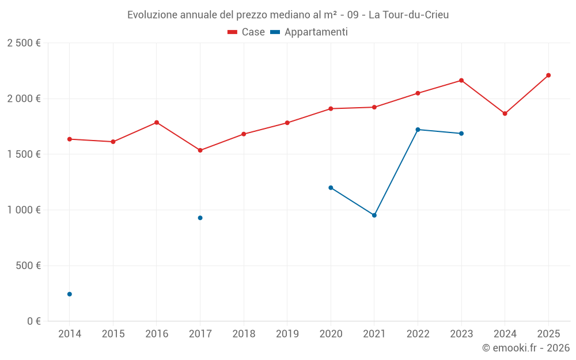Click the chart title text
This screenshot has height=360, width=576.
pyautogui.click(x=288, y=14)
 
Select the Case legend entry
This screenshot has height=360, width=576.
pyautogui.click(x=246, y=32)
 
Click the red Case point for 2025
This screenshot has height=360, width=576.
pyautogui.click(x=548, y=75)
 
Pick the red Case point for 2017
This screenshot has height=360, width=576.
pyautogui.click(x=200, y=150)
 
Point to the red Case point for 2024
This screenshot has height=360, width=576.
pyautogui.click(x=505, y=113)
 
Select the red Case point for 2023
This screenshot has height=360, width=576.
pyautogui.click(x=461, y=80)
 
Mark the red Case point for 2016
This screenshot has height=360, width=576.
pyautogui.click(x=157, y=122)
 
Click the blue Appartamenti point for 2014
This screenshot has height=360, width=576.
pyautogui.click(x=70, y=294)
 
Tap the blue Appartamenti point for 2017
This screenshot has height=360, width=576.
pyautogui.click(x=200, y=218)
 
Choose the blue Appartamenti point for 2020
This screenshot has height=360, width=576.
pyautogui.click(x=331, y=187)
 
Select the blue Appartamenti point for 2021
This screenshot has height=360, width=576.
pyautogui.click(x=374, y=215)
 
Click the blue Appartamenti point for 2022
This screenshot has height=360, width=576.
pyautogui.click(x=418, y=130)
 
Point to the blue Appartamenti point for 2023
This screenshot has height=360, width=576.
pyautogui.click(x=461, y=134)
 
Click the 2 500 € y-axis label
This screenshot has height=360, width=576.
pyautogui.click(x=24, y=43)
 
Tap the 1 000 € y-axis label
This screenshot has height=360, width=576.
pyautogui.click(x=24, y=210)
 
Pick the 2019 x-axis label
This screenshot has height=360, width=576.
pyautogui.click(x=287, y=334)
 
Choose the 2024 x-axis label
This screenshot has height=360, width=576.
pyautogui.click(x=505, y=334)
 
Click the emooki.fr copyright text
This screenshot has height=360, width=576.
pyautogui.click(x=526, y=348)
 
